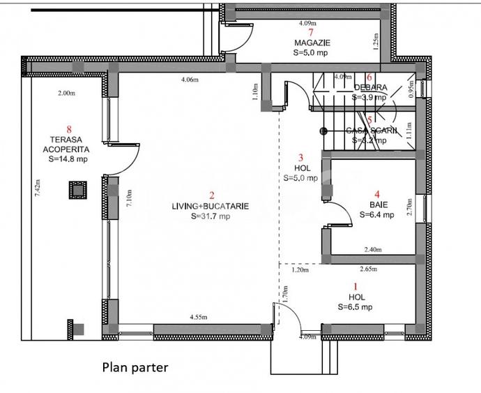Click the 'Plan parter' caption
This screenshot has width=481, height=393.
point(135,367)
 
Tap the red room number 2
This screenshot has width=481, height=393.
point(211,195)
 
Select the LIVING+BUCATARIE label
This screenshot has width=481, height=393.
point(211,206)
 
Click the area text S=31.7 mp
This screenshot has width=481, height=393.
point(211,216)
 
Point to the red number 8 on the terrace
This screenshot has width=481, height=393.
point(68,128)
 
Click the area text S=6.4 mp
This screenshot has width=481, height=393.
point(377,215)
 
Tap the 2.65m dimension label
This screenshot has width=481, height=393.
point(369,268)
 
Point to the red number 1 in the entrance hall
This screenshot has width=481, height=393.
point(356,286)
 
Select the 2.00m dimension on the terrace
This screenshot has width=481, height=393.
point(66,93)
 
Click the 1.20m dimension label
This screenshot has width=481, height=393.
point(299,269)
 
